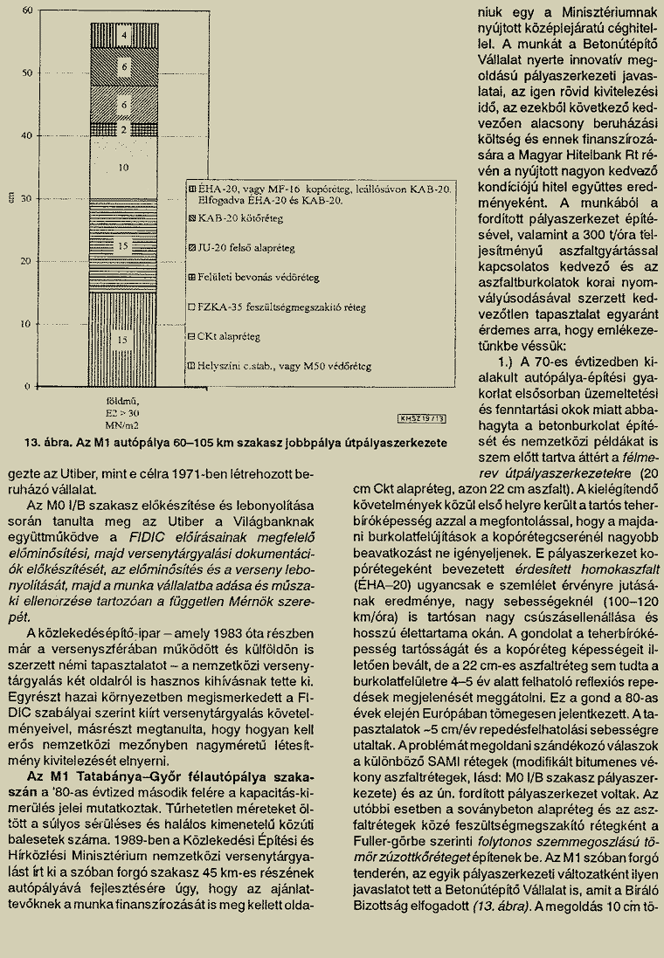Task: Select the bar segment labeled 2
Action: (124, 129)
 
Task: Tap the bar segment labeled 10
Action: (124, 167)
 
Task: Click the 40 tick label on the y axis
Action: (26, 135)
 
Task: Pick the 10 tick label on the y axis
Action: (26, 323)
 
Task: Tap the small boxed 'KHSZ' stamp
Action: (422, 417)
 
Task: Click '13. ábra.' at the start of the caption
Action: (46, 441)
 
